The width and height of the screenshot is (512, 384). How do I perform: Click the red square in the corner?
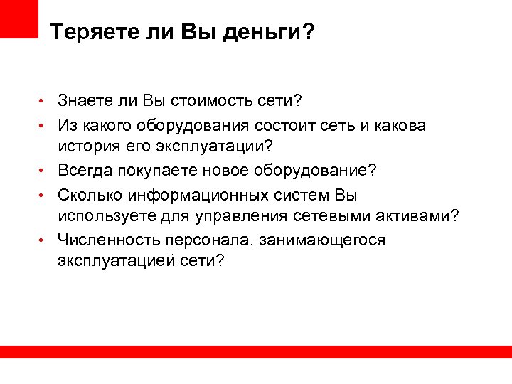pos(18,17)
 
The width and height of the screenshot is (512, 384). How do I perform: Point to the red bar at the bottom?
pos(256,352)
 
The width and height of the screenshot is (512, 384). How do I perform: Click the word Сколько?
pos(90,194)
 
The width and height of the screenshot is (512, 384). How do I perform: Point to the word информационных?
pos(193,194)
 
